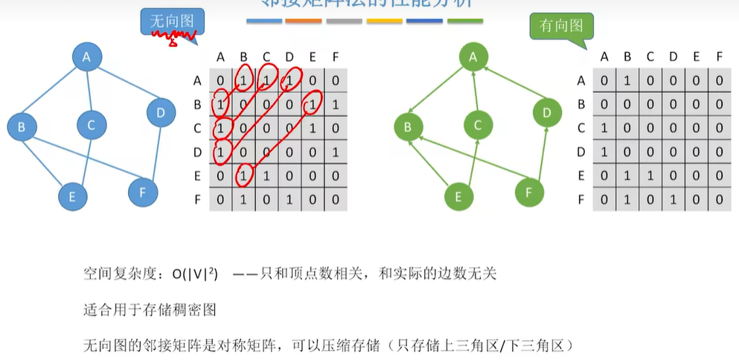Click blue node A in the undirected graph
point(86,57)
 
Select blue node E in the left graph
point(72,196)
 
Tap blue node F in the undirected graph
point(142,192)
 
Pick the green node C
point(478,125)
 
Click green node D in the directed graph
point(547,113)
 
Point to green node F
point(529,192)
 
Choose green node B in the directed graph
point(407,127)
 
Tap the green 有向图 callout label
point(561,26)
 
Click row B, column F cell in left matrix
point(336,104)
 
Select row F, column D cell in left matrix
point(289,199)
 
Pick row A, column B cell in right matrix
point(627,80)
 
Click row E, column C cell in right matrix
point(650,176)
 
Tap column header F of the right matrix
point(718,57)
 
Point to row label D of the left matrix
point(197,152)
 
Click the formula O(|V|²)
point(195,274)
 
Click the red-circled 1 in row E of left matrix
point(243,176)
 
